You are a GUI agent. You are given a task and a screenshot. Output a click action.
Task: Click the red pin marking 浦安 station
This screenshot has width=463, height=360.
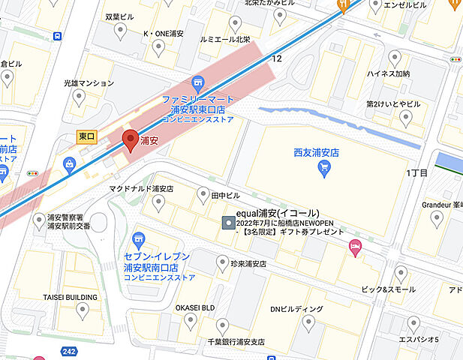130,140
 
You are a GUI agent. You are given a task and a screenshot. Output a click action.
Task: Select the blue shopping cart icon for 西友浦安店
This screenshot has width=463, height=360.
325,169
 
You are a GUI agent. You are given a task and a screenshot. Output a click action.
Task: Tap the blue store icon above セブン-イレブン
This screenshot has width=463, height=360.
137,240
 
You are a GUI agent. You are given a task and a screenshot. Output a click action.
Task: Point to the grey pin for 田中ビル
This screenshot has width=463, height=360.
202,195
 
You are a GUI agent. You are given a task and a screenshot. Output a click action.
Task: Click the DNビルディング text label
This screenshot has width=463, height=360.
296,308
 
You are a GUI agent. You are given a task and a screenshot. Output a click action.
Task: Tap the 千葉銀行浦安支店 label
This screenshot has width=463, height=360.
225,342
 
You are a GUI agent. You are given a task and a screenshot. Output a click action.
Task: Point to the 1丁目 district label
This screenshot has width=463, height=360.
416,173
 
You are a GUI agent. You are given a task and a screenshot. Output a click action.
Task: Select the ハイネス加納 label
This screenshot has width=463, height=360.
388,74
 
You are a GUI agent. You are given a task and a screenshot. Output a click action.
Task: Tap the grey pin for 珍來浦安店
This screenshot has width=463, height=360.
222,262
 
